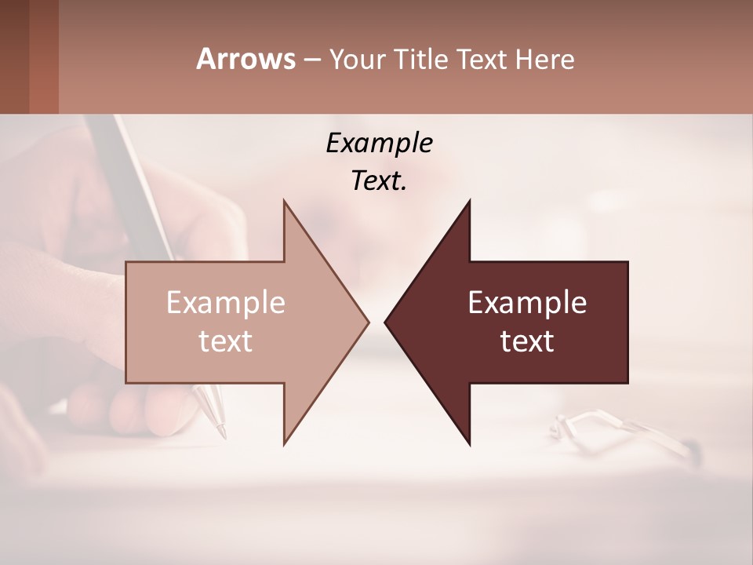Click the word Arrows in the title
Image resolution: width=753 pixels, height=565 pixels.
point(246,59)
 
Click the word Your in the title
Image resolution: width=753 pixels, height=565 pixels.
point(357,60)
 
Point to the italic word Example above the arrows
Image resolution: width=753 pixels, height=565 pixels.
point(379,144)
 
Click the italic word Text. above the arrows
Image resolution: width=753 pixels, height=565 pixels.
point(379,181)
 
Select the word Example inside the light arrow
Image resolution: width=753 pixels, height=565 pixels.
point(225,303)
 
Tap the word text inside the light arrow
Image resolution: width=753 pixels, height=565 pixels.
point(225,341)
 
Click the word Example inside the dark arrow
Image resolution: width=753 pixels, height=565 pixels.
point(527,303)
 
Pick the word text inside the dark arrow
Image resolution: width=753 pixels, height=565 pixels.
point(527,341)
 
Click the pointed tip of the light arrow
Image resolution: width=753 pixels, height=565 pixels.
point(367,322)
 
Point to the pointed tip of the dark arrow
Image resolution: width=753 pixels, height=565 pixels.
point(386,322)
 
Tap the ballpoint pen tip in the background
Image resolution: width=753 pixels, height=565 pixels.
point(222,432)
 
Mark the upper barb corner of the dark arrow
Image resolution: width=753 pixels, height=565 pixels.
point(470,201)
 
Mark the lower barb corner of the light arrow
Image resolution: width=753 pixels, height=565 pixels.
point(284,443)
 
